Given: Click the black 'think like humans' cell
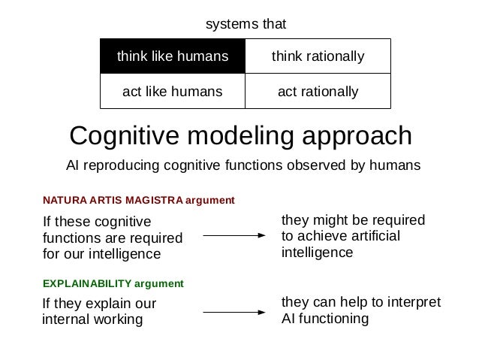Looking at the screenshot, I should click(x=172, y=56).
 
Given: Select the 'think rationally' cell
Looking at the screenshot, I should click(x=318, y=56).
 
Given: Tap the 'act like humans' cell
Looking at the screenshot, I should click(x=172, y=92).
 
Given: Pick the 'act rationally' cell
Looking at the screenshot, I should click(x=318, y=92).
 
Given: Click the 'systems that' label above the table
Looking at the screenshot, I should click(x=246, y=25).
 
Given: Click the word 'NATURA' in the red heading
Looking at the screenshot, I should click(x=64, y=201).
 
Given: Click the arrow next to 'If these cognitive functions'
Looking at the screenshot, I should click(x=235, y=235).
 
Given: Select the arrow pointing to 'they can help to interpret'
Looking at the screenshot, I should click(x=235, y=310).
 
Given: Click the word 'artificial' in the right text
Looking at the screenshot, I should click(x=373, y=236).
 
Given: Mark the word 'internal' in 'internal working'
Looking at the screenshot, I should click(x=64, y=319).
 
